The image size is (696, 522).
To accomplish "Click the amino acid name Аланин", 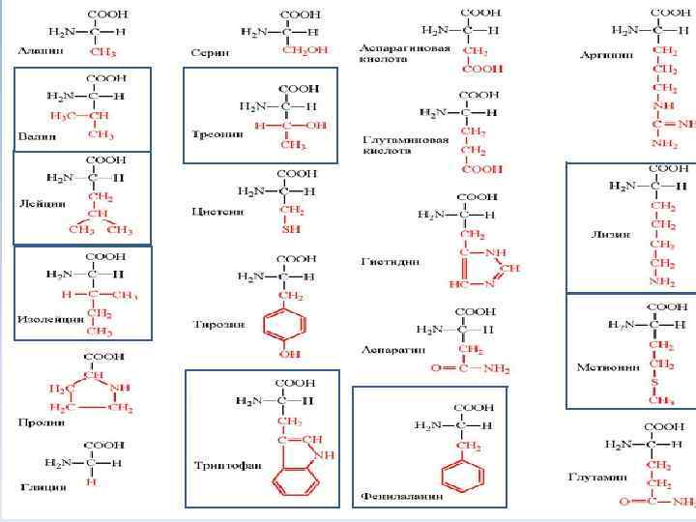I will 37,49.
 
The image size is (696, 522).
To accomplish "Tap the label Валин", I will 36,135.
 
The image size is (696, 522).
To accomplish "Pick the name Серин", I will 210,50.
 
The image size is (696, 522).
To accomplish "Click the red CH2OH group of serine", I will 304,50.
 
